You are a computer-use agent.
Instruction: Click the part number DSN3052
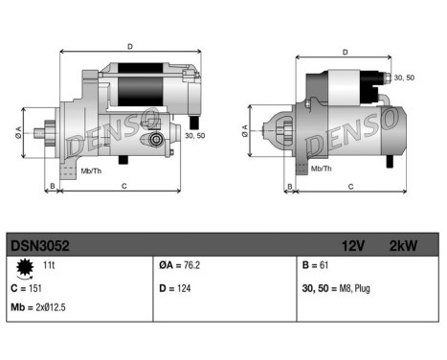point(39,246)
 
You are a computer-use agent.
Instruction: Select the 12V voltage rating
point(355,246)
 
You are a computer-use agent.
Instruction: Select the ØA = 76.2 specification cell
point(181,264)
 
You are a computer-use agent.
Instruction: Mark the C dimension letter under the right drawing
point(350,186)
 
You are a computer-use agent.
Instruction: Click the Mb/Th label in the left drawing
point(93,170)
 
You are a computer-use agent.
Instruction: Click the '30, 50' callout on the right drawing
point(405,79)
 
